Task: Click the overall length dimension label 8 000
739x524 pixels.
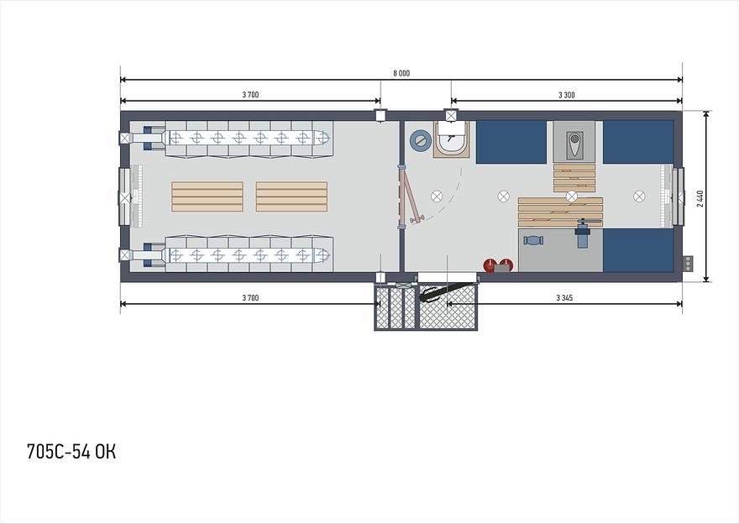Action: pos(401,73)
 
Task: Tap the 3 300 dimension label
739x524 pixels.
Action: pos(567,95)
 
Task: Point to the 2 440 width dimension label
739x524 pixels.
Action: pos(700,198)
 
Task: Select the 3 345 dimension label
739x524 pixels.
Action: pos(564,297)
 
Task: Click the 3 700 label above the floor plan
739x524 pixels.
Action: pos(251,95)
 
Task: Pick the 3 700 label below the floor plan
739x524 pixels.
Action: pos(251,297)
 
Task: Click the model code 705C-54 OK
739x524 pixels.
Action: pos(71,452)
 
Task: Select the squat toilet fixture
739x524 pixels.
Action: pos(574,144)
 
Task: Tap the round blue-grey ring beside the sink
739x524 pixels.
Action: pos(420,140)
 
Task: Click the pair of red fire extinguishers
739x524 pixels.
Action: pos(498,265)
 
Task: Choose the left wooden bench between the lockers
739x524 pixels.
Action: pos(207,196)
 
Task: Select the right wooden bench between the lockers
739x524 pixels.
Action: pos(291,196)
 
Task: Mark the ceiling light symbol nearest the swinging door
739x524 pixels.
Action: pos(437,196)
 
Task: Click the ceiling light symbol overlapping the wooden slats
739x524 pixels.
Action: pos(572,196)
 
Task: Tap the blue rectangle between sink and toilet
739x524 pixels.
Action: pos(511,142)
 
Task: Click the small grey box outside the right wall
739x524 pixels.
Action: pos(689,264)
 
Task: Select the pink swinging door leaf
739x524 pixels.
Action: pos(408,196)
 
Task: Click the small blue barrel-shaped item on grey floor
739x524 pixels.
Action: pos(533,241)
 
